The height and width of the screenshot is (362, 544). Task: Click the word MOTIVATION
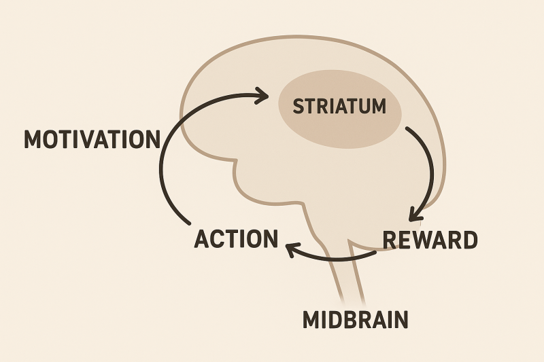click(92, 139)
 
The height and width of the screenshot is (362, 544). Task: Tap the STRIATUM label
click(339, 107)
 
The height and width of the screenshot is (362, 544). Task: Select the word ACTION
click(236, 239)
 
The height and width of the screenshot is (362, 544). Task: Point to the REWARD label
click(430, 240)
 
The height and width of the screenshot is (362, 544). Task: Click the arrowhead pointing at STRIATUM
click(262, 95)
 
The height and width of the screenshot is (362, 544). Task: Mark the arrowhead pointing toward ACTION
click(291, 251)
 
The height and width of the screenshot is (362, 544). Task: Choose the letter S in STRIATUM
click(297, 107)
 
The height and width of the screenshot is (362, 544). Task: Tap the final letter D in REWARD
click(469, 240)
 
